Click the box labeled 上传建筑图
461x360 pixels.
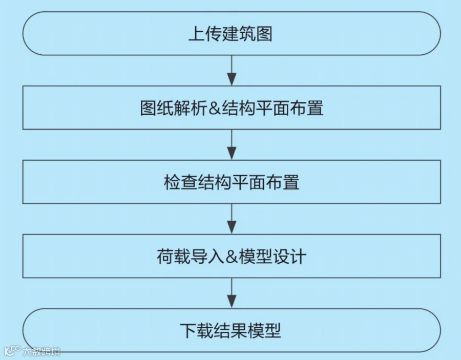pyautogui.click(x=232, y=34)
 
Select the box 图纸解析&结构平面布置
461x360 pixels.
pyautogui.click(x=232, y=108)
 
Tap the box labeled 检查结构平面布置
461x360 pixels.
pyautogui.click(x=232, y=182)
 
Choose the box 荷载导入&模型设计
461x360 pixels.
pyautogui.click(x=232, y=256)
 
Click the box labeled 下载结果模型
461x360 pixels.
pyautogui.click(x=232, y=330)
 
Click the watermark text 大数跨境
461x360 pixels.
pyautogui.click(x=41, y=352)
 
